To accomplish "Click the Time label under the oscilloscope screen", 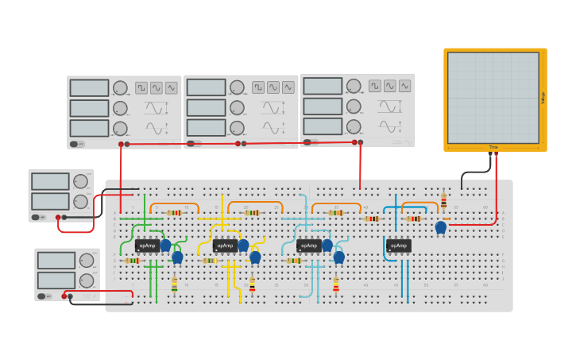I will pos(493,147).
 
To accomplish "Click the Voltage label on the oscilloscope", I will pos(543,98).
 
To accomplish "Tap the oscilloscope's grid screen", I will pos(493,97).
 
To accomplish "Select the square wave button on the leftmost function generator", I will pos(141,87).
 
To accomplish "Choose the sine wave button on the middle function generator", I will pos(273,87).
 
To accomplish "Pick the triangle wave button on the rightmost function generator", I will pos(404,86).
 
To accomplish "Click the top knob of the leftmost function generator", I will pos(120,87).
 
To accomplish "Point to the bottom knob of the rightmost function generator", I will pos(354,126).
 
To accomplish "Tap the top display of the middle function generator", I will pos(207,87).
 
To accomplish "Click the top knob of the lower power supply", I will pos(87,260).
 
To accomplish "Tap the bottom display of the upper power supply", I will pos(50,200).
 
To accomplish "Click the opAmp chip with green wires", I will pos(147,246).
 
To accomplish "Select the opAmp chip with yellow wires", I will pos(226,246).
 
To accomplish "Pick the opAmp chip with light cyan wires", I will pos(309,246).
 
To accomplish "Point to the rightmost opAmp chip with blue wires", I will pos(399,246).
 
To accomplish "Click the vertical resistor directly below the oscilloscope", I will pos(443,201).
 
